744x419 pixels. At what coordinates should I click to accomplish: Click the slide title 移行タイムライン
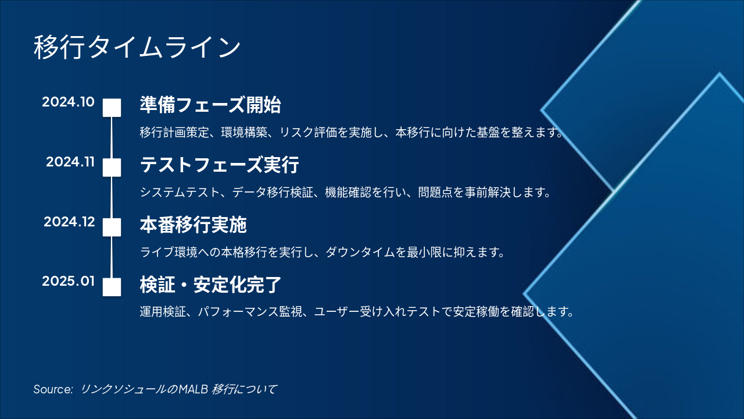pyautogui.click(x=137, y=47)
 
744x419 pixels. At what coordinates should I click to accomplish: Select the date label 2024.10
pyautogui.click(x=68, y=102)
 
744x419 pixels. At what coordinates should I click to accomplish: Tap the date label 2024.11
pyautogui.click(x=70, y=162)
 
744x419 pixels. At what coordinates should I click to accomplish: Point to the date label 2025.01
pyautogui.click(x=68, y=282)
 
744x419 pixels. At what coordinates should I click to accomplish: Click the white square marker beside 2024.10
pyautogui.click(x=112, y=108)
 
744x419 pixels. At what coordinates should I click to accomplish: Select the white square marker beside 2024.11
pyautogui.click(x=112, y=168)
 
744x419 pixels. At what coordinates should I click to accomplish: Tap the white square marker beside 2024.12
pyautogui.click(x=112, y=227)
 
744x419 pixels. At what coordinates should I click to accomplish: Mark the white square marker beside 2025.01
pyautogui.click(x=112, y=287)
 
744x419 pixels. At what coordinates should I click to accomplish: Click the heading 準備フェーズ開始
pyautogui.click(x=210, y=105)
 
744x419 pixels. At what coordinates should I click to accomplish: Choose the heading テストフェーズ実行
pyautogui.click(x=219, y=165)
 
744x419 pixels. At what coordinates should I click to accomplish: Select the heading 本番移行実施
pyautogui.click(x=194, y=225)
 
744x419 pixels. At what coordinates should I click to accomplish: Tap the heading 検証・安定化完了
pyautogui.click(x=210, y=285)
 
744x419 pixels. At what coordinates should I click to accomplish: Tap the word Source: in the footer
pyautogui.click(x=53, y=389)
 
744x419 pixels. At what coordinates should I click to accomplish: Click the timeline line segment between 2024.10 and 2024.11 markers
pyautogui.click(x=112, y=138)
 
